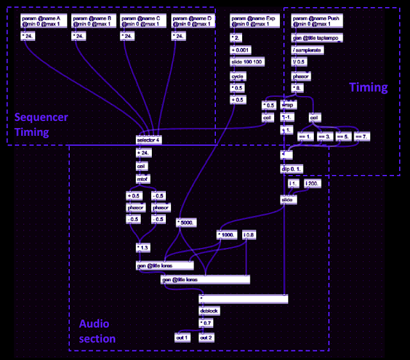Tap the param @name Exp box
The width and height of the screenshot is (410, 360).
point(252,22)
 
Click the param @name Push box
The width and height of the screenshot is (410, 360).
point(312,22)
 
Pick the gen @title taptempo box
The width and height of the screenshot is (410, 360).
point(312,38)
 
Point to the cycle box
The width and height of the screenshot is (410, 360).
point(238,75)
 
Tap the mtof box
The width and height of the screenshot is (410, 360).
point(143,178)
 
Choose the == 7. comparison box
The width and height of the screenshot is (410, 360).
point(363,136)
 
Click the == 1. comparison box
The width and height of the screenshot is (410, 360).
point(304,136)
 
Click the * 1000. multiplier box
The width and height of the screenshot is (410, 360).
point(227,235)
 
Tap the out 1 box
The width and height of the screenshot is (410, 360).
point(183,337)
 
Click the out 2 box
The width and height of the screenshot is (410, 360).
point(206,337)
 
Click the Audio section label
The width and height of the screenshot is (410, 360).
point(97,331)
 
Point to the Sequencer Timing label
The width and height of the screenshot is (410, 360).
point(41,124)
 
